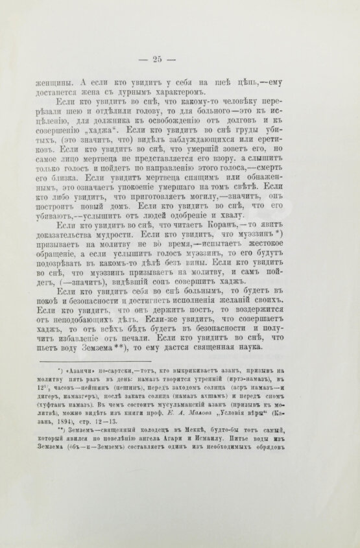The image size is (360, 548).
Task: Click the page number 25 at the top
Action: pyautogui.click(x=158, y=61)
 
